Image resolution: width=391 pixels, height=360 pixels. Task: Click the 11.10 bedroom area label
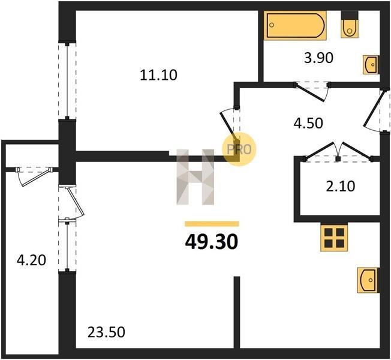158,75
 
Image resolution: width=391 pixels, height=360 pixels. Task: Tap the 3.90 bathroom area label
318,58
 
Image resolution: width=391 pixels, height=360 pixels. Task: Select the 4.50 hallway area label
308,123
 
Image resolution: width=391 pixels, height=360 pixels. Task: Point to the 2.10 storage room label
341,187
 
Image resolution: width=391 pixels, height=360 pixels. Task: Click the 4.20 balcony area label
31,260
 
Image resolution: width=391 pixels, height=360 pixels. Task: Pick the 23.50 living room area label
106,332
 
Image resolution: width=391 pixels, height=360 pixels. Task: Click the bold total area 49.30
212,242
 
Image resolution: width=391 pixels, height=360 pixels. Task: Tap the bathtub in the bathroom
295,25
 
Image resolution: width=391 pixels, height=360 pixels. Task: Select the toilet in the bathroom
350,25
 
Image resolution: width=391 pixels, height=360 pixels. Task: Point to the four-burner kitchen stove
334,237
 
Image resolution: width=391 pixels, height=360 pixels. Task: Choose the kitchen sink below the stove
368,280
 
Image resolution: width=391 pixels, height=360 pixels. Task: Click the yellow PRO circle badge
239,149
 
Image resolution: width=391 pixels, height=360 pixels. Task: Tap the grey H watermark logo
195,177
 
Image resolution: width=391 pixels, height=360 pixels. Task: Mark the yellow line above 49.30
212,224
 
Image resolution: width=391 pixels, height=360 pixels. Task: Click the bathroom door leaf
309,93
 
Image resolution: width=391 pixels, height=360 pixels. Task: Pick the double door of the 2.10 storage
338,151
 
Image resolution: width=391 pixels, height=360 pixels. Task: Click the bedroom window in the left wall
67,81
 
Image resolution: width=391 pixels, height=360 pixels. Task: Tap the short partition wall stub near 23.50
237,312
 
